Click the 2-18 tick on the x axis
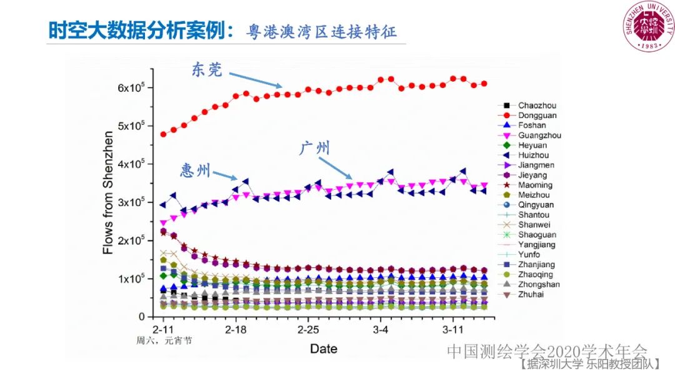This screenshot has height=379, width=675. pos(236,328)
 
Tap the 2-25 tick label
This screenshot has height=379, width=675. pos(308,328)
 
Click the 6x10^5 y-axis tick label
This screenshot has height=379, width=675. pos(131,88)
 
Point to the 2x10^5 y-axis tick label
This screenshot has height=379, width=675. pos(131,241)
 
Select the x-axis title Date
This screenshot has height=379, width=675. pos(324,348)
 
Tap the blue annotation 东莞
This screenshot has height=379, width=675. pos(206,70)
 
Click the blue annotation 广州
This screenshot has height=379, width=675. pos(315,148)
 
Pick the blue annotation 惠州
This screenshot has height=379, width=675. pos(196,170)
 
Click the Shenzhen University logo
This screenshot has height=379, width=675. pos(650,27)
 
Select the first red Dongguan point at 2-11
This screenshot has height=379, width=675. pos(164,134)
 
